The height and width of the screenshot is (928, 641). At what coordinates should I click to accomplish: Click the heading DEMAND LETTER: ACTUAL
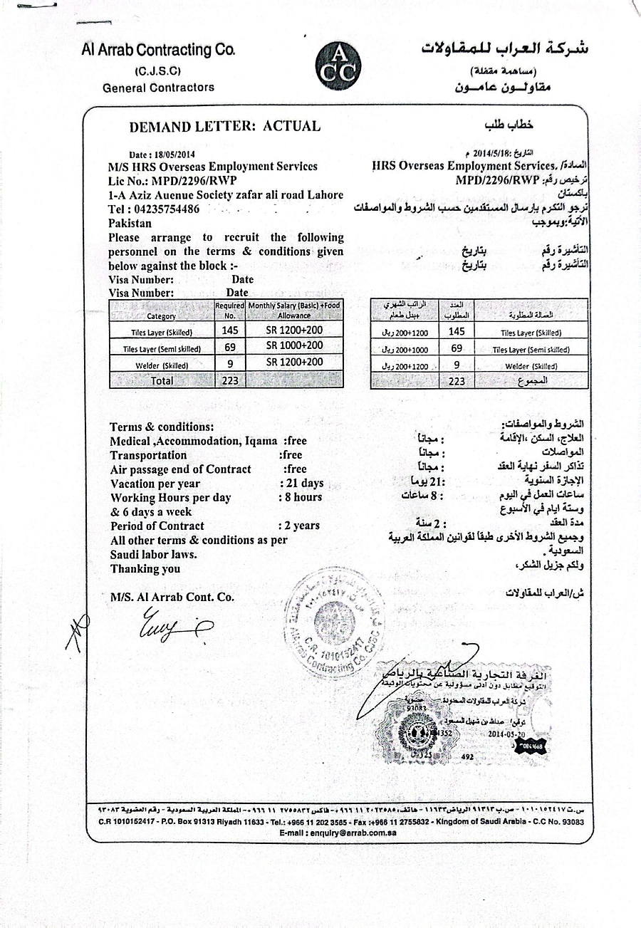(224, 127)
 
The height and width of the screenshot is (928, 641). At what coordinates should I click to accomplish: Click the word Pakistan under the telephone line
(130, 223)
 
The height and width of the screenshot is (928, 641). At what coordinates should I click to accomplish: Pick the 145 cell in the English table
(229, 330)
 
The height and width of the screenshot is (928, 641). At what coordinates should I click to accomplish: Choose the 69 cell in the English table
(229, 347)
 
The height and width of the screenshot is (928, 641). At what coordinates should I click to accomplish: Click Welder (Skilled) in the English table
(162, 365)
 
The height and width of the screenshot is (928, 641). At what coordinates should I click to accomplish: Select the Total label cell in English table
(162, 381)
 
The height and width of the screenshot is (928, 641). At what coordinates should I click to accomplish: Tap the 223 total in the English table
(229, 381)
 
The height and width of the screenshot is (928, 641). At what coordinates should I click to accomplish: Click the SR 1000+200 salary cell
(294, 345)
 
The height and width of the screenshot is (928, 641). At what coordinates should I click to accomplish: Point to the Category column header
(161, 316)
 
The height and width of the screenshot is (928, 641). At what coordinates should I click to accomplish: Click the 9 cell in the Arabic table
(457, 365)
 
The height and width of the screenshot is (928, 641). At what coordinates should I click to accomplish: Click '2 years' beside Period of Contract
(302, 526)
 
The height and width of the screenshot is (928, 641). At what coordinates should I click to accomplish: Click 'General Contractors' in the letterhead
(158, 88)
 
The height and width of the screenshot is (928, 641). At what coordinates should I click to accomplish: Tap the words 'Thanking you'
(145, 568)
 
